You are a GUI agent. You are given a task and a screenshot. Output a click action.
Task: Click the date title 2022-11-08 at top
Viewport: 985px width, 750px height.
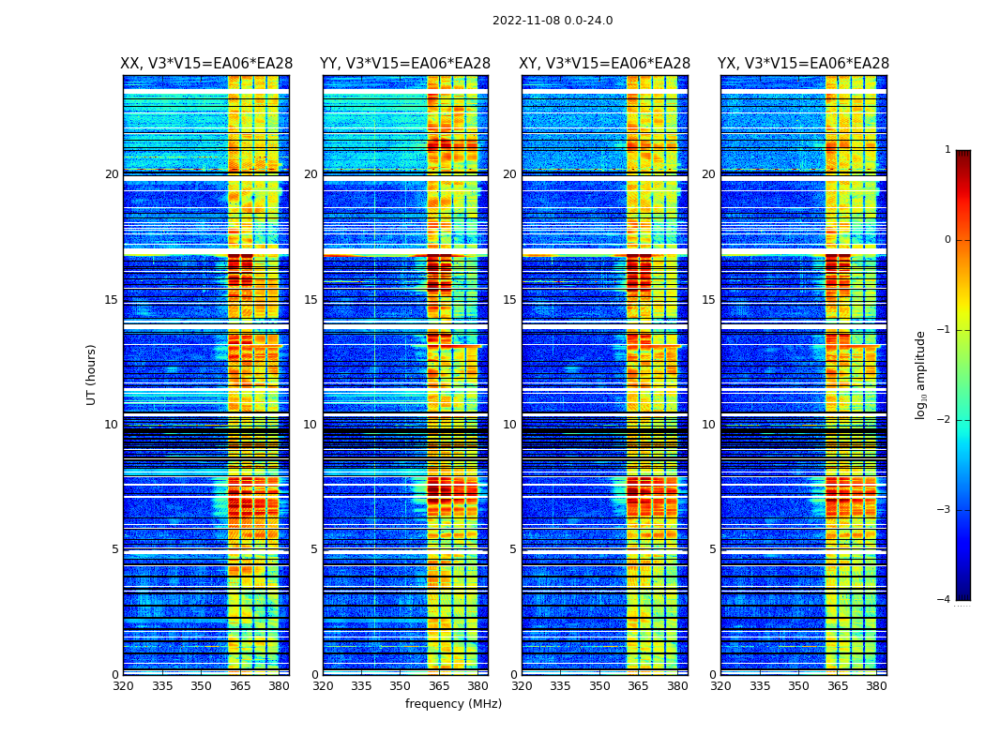[553, 21]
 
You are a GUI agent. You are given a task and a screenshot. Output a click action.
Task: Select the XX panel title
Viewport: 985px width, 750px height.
[206, 64]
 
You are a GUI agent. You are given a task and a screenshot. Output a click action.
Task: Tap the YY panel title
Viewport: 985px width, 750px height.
[405, 64]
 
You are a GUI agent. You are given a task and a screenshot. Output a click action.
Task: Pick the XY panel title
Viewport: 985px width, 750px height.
[605, 64]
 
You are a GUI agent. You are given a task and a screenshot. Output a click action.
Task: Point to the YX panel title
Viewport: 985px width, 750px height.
[803, 64]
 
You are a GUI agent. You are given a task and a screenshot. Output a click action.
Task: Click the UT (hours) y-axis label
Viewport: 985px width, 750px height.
[92, 374]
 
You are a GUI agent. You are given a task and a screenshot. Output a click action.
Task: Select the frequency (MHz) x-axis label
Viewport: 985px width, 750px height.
[453, 704]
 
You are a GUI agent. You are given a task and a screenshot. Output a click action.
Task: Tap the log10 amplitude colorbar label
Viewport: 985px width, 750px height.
[921, 374]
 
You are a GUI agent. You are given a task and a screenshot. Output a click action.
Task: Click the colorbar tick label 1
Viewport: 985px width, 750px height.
[947, 150]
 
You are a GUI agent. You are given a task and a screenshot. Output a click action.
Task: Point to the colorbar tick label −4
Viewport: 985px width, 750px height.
[945, 600]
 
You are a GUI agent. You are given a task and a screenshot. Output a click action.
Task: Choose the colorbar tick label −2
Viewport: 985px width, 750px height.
[945, 420]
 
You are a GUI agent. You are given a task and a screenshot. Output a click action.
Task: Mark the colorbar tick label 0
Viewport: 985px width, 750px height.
[947, 240]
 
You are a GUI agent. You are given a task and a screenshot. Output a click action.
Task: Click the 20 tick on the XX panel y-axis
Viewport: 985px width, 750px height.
[112, 174]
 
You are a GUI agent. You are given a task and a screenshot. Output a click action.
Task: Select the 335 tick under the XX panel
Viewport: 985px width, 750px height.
[162, 686]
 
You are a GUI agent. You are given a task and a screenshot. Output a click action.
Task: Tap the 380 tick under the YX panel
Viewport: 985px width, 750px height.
[876, 686]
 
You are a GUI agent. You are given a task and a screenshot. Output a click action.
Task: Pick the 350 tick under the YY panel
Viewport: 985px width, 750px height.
[401, 686]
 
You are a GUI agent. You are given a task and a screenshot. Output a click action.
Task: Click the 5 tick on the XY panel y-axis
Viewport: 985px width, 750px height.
[513, 549]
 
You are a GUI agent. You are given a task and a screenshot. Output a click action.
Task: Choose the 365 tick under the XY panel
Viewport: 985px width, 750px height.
[639, 686]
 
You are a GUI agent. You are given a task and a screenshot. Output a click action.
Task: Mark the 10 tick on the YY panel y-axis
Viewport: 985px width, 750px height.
[311, 425]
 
